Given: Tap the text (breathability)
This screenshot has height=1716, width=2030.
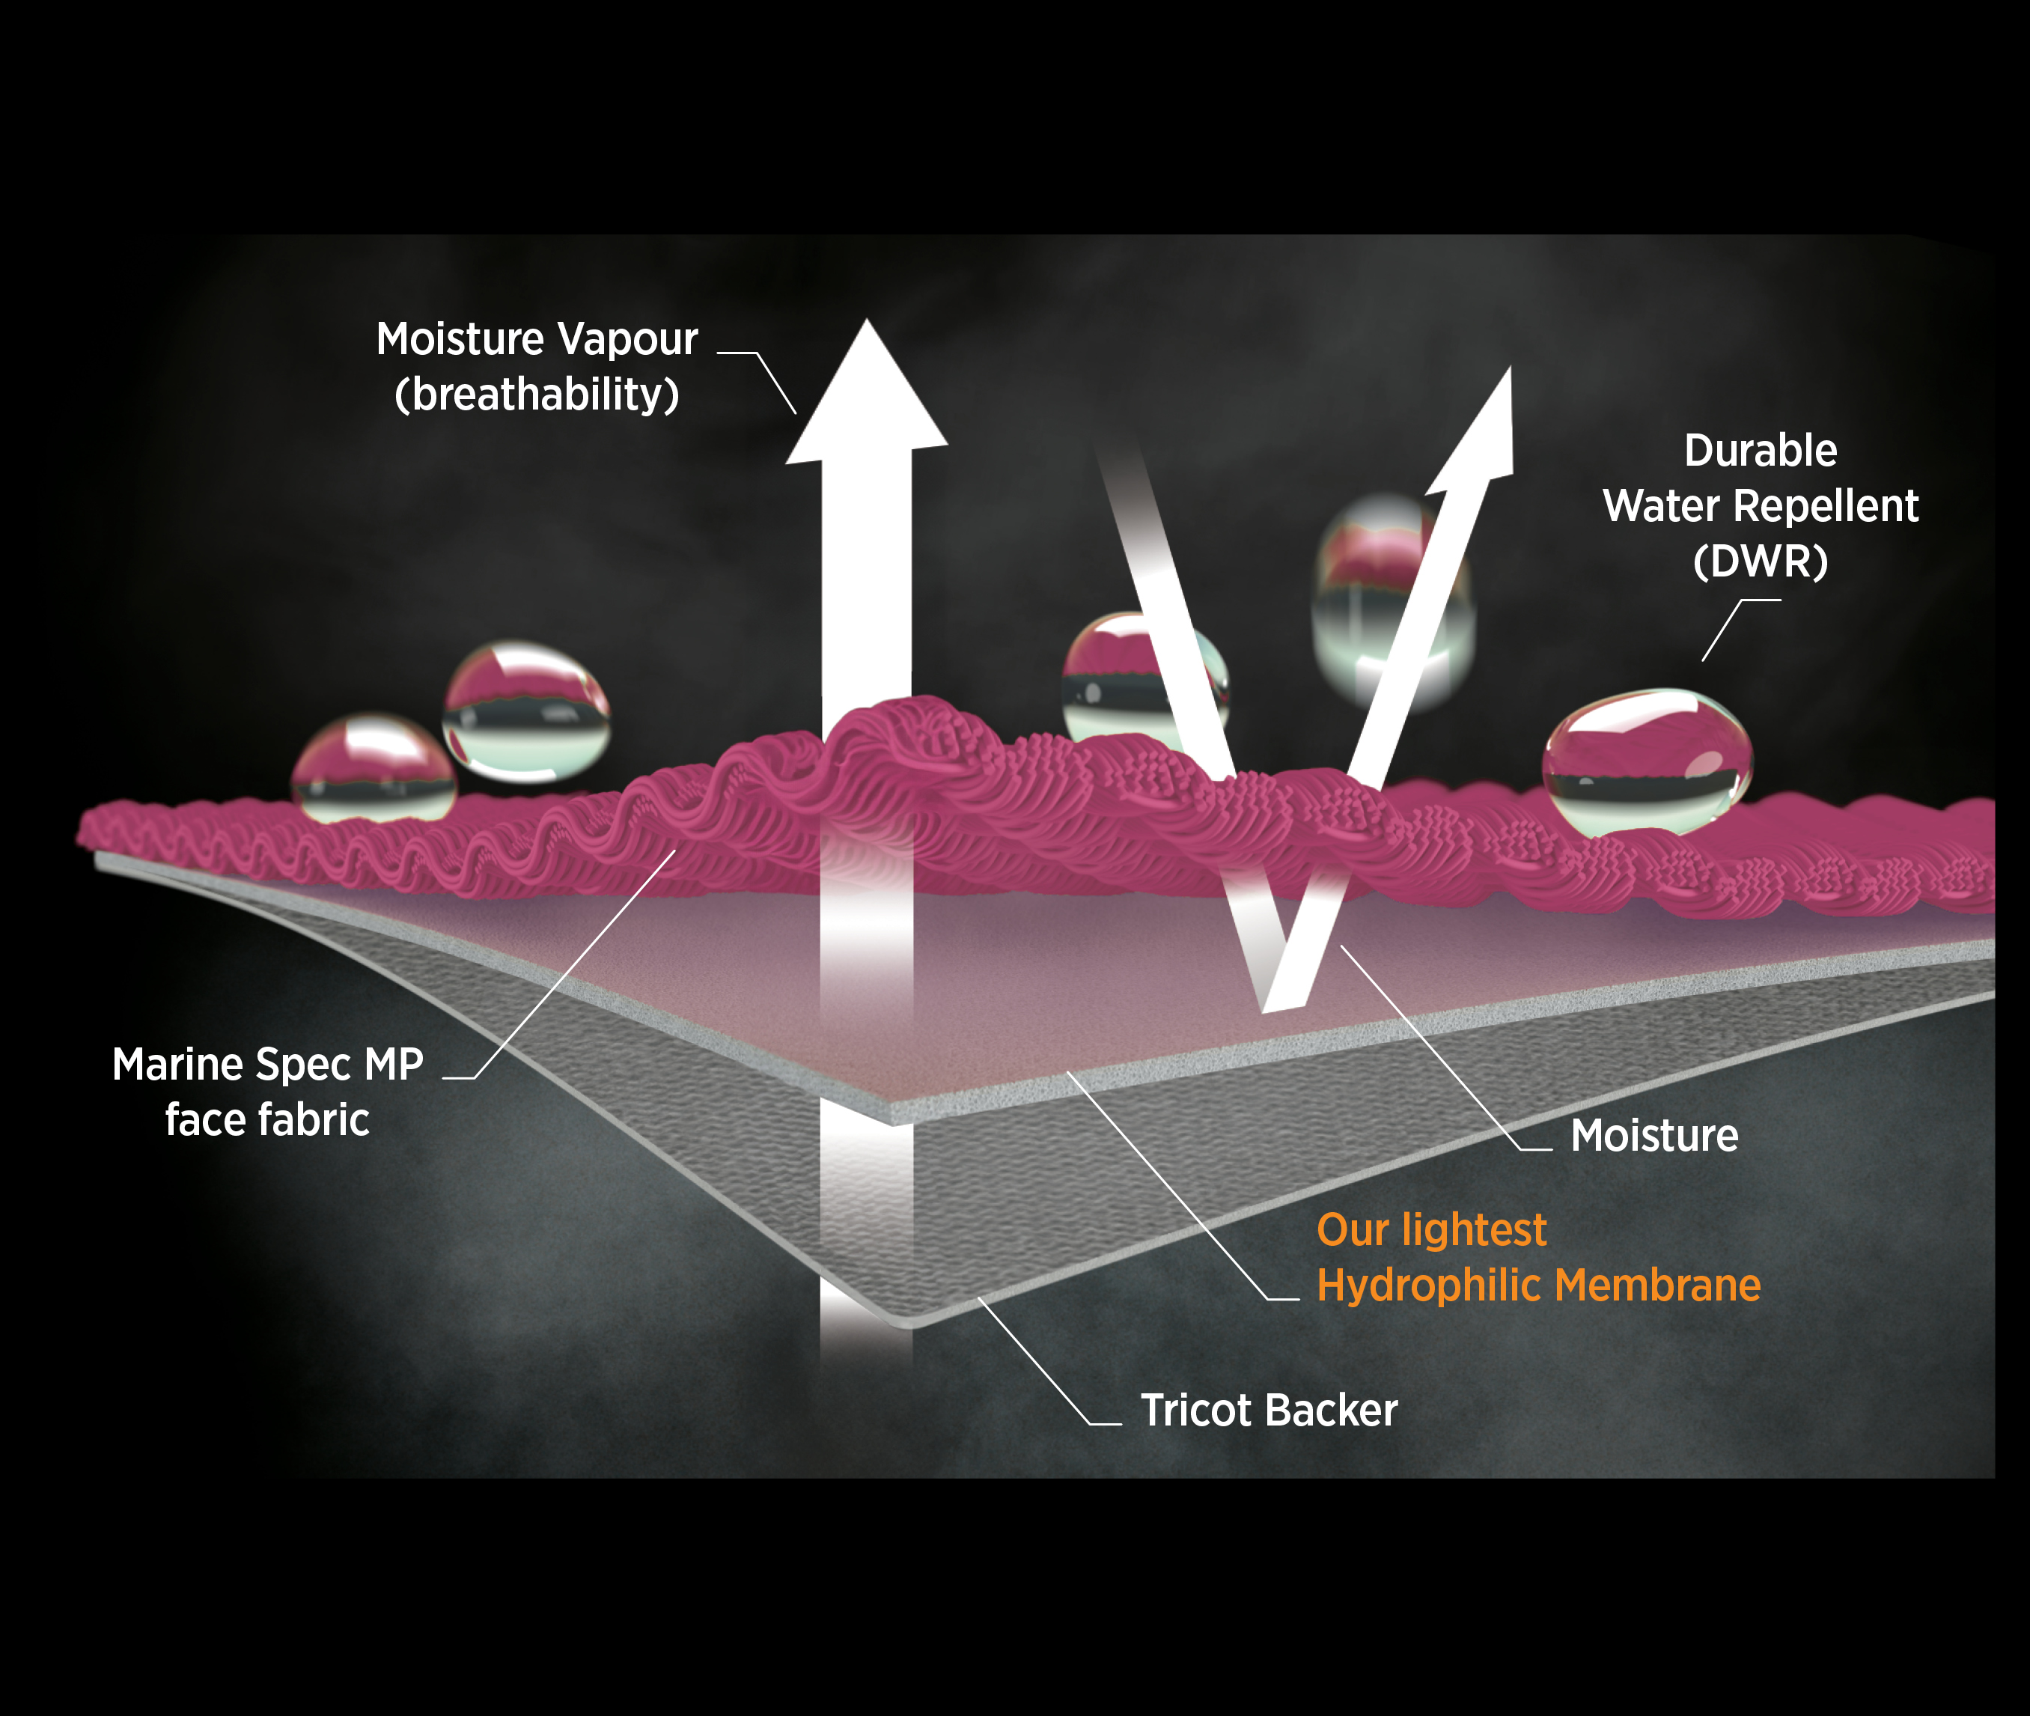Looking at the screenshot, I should [537, 395].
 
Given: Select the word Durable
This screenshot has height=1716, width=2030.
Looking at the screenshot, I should [1761, 451].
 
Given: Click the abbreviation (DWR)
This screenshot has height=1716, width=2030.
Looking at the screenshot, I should [1761, 562].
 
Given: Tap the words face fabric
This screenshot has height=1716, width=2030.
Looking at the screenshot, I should [267, 1120].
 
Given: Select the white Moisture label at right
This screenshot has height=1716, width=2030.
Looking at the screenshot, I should [1654, 1135].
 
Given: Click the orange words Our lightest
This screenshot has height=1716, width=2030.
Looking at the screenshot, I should [1431, 1229].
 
